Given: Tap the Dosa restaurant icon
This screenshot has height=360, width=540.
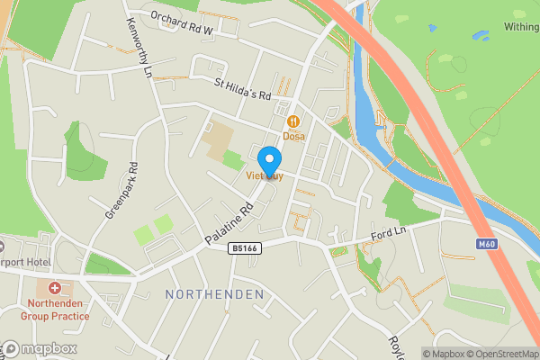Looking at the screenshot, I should pos(293,121).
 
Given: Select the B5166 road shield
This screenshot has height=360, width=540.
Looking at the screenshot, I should pos(245,248).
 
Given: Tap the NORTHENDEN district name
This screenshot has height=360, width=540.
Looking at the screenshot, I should pos(215,294).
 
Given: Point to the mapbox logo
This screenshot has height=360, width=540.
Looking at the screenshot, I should pos(40,348).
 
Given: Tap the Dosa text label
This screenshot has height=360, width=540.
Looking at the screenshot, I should pos(293,137).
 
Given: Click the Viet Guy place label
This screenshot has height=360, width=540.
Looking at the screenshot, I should pos(265,176).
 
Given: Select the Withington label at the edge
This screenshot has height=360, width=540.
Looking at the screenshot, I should pos(521,27).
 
